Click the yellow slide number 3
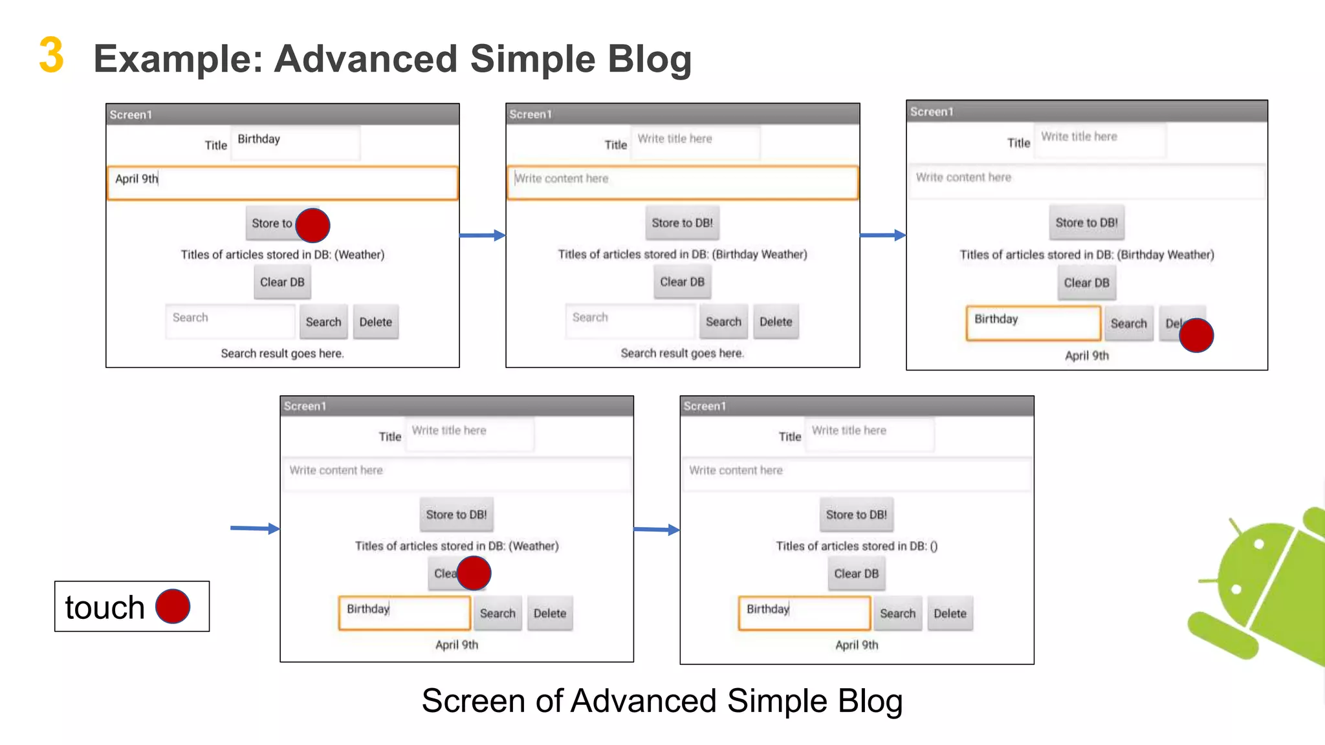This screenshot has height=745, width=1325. [x=51, y=56]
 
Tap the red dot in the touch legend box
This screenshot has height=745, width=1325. [x=173, y=607]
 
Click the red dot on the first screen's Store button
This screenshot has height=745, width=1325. [x=312, y=225]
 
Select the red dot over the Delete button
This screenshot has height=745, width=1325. [x=1196, y=335]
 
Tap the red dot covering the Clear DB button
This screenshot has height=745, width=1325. [x=474, y=573]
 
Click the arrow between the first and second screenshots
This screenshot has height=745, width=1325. [x=482, y=235]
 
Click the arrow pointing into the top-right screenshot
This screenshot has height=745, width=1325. [x=882, y=235]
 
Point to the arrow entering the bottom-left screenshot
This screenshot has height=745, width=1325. [x=255, y=528]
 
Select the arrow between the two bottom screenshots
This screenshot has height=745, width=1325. [x=656, y=530]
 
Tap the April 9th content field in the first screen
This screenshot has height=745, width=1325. [x=282, y=183]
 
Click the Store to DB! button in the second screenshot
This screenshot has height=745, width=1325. [x=682, y=223]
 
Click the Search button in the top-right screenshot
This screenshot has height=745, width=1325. [x=1128, y=324]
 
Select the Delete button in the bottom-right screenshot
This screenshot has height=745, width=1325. [x=949, y=613]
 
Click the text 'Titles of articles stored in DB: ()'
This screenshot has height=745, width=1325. [x=856, y=546]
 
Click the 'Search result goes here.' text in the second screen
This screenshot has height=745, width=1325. [x=682, y=353]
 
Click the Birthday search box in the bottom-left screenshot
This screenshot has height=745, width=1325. [x=404, y=612]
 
